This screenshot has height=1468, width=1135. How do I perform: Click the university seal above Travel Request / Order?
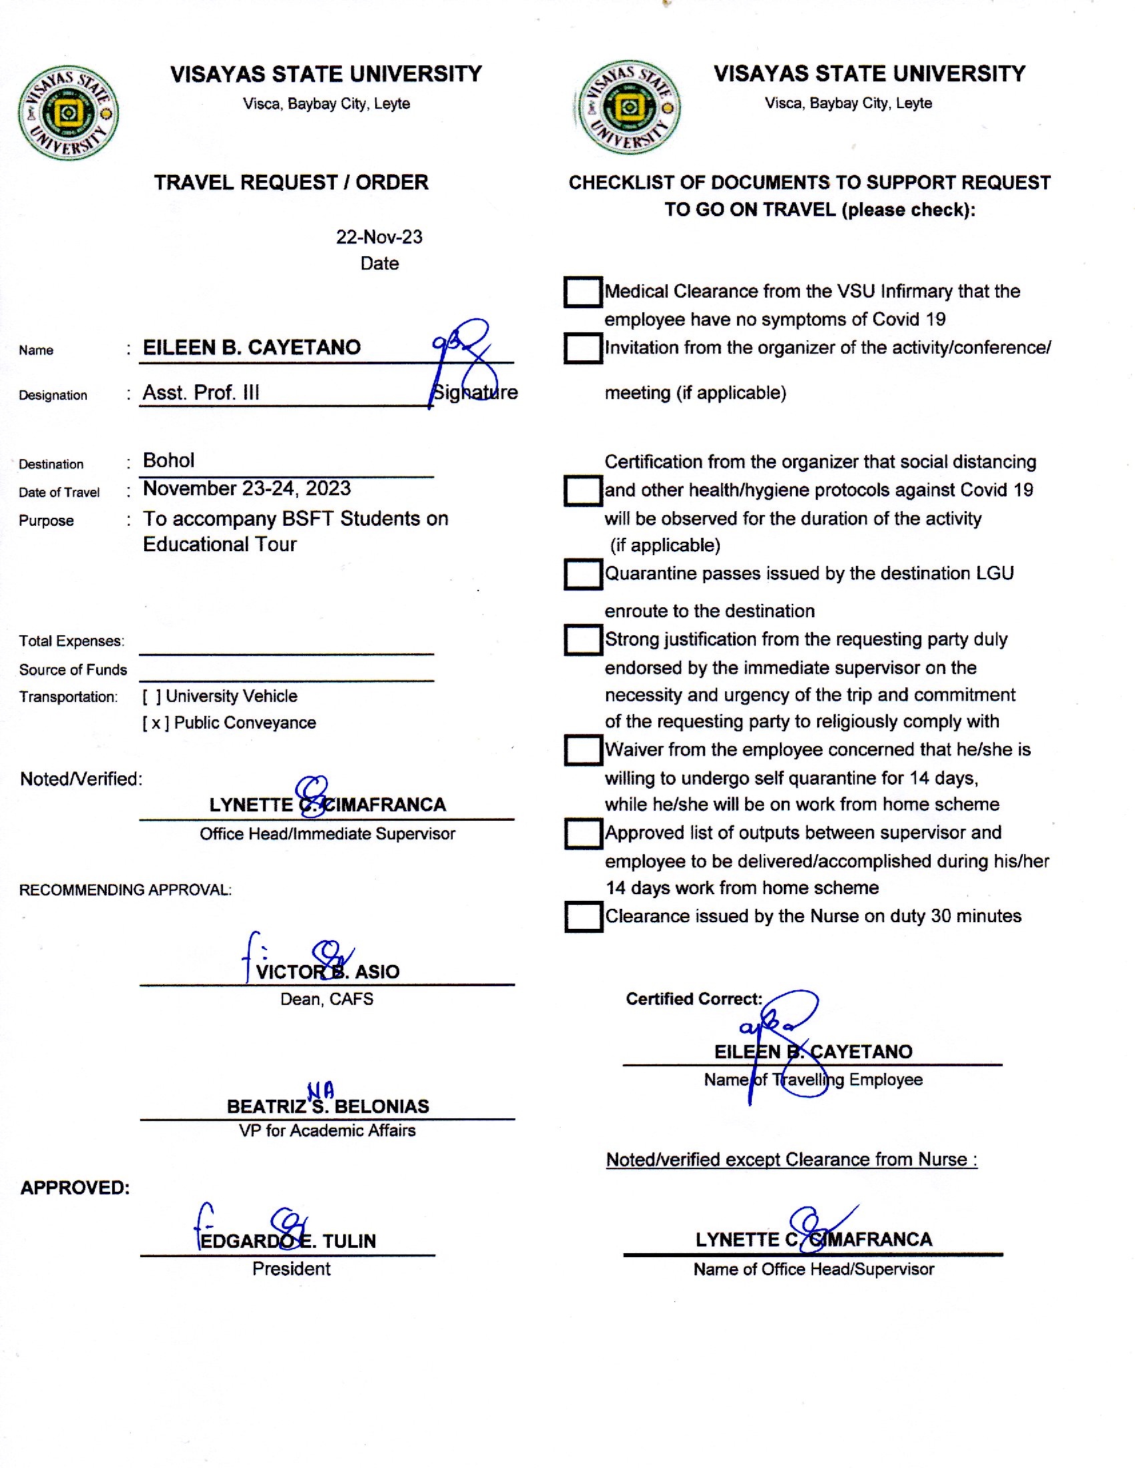pyautogui.click(x=68, y=113)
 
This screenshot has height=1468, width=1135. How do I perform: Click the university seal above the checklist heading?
pyautogui.click(x=629, y=107)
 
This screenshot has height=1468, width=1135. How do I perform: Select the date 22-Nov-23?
pyautogui.click(x=379, y=237)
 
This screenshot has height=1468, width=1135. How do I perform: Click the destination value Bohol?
pyautogui.click(x=169, y=460)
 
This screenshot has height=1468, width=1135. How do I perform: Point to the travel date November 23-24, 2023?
pyautogui.click(x=247, y=488)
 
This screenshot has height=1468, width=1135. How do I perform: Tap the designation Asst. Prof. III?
pyautogui.click(x=201, y=392)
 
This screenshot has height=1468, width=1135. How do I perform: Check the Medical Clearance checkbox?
pyautogui.click(x=582, y=292)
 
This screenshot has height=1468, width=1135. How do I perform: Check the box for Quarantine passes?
pyautogui.click(x=582, y=574)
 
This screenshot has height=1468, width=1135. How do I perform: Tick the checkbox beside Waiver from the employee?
pyautogui.click(x=582, y=749)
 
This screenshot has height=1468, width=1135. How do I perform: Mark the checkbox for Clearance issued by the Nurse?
pyautogui.click(x=582, y=916)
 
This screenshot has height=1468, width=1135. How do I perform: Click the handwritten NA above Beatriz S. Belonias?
pyautogui.click(x=320, y=1090)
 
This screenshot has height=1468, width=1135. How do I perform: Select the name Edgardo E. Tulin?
pyautogui.click(x=288, y=1241)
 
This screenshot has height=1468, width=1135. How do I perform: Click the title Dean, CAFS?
pyautogui.click(x=326, y=999)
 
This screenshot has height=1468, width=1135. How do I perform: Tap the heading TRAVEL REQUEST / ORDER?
pyautogui.click(x=291, y=182)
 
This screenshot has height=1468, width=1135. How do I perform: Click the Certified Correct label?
pyautogui.click(x=693, y=999)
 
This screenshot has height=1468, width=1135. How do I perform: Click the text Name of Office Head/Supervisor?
pyautogui.click(x=814, y=1269)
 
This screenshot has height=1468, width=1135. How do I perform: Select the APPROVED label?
pyautogui.click(x=75, y=1188)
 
